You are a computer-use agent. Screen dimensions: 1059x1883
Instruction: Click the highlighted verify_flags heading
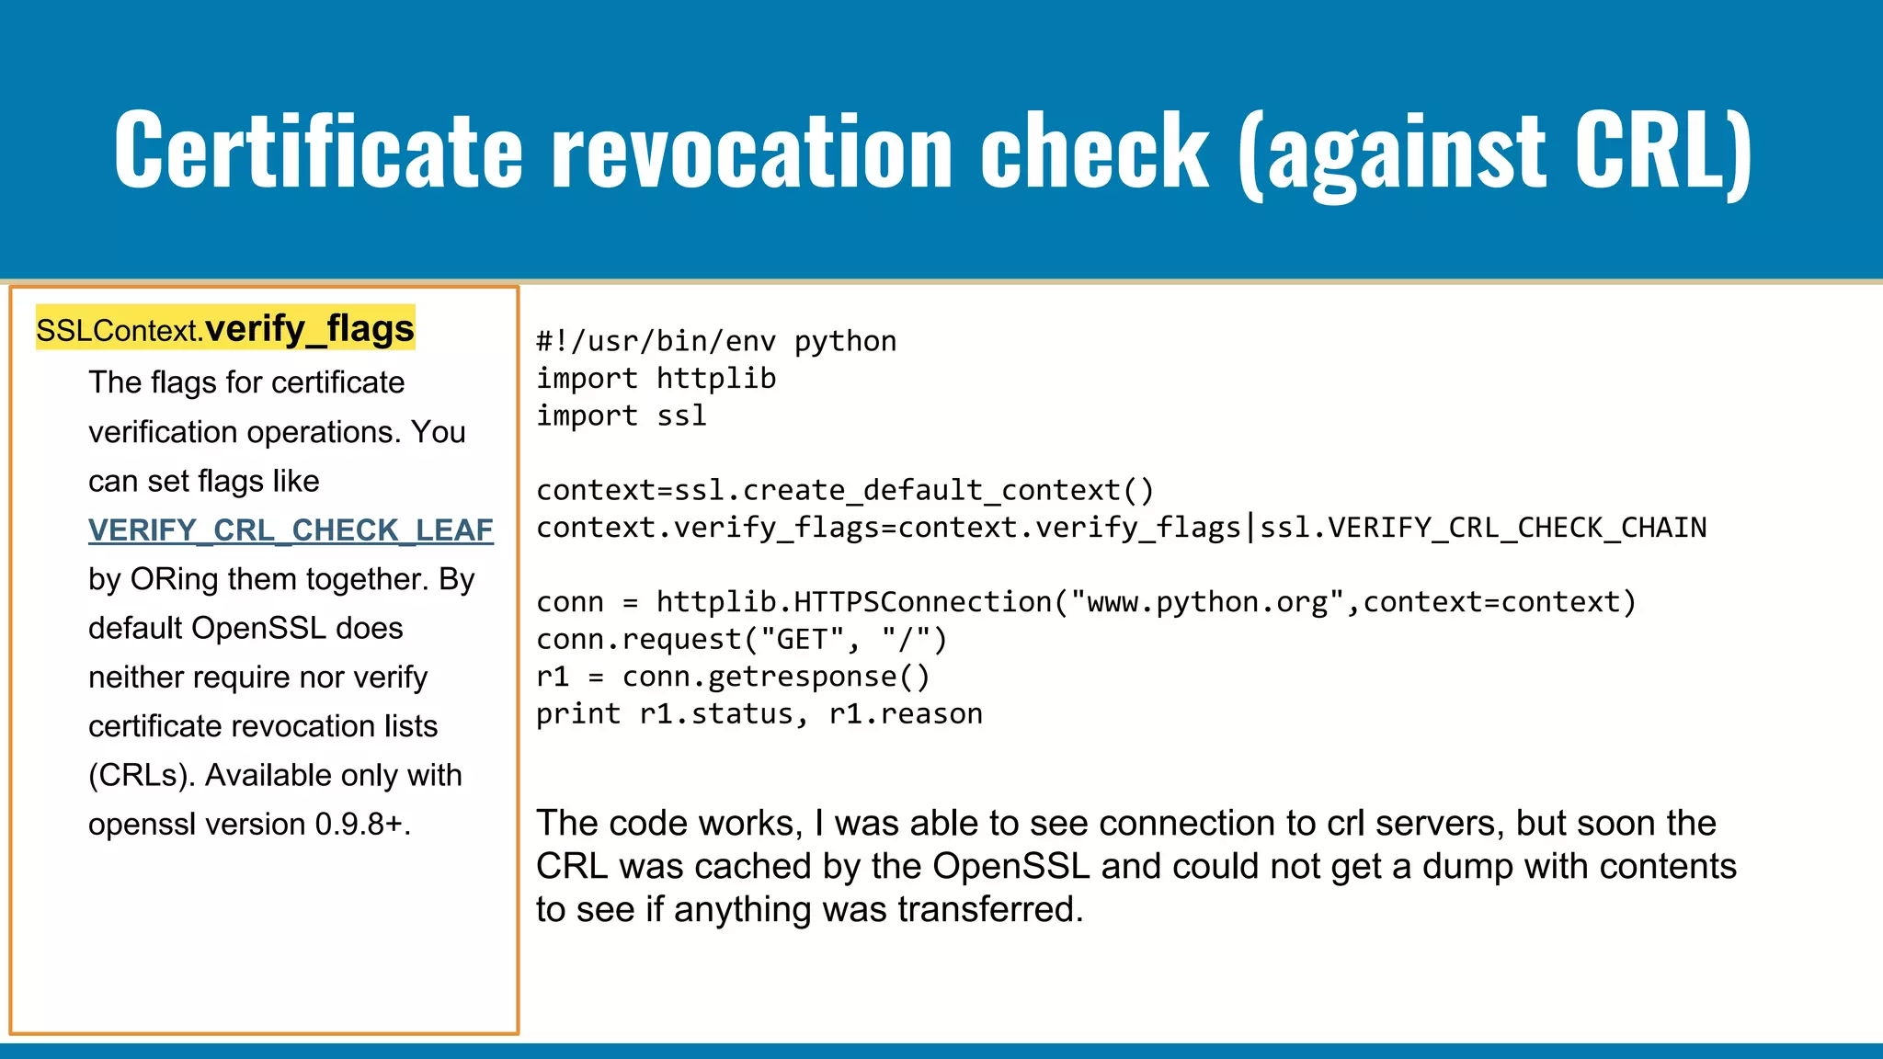(x=309, y=328)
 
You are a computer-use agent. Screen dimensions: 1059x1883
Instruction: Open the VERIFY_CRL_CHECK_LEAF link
(x=291, y=530)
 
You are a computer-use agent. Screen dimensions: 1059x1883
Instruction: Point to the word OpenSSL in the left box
(x=259, y=628)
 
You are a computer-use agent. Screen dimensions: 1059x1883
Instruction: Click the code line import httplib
(x=656, y=379)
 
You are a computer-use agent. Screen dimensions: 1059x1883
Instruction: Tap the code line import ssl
(x=622, y=416)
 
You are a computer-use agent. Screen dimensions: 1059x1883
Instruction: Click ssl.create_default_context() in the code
(x=914, y=491)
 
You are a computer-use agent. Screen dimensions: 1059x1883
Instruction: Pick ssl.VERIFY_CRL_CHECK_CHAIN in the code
(x=1483, y=528)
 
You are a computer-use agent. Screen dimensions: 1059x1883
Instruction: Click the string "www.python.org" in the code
(x=1207, y=602)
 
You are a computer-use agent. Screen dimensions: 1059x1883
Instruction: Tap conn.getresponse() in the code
(x=776, y=678)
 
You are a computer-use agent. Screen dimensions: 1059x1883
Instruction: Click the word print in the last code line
(x=578, y=714)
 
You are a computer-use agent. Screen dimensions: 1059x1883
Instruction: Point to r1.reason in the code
(x=906, y=714)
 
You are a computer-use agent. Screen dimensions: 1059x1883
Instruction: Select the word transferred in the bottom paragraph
(x=990, y=910)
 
